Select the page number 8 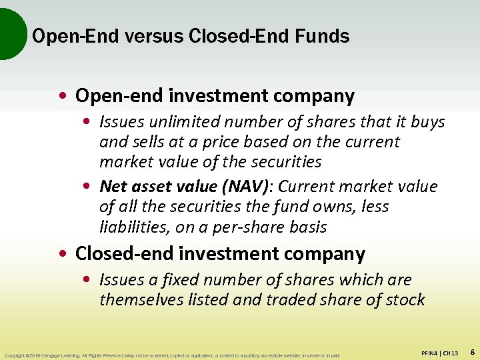pos(472,351)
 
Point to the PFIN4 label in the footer pos(432,353)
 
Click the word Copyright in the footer pos(15,355)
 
